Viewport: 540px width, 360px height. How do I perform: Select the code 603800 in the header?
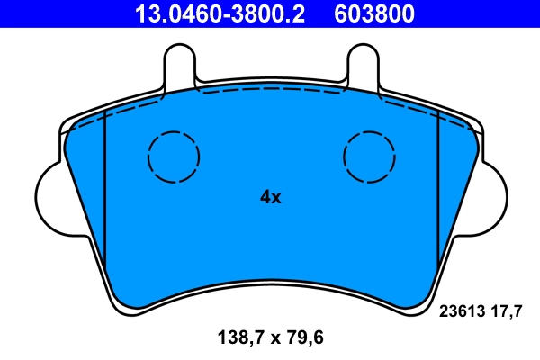click(x=375, y=13)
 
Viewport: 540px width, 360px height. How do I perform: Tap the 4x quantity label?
click(x=270, y=197)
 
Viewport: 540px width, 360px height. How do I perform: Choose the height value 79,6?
click(x=301, y=338)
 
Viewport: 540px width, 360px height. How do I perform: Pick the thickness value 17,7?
click(x=506, y=312)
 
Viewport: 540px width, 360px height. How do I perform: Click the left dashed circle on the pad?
click(x=173, y=157)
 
